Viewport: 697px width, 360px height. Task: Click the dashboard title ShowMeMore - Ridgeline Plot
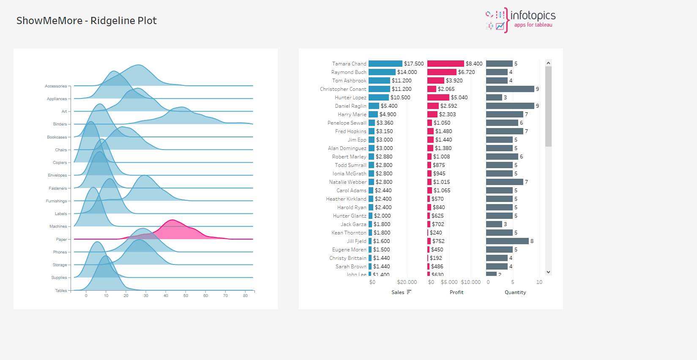point(86,21)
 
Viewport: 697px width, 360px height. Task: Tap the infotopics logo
point(521,20)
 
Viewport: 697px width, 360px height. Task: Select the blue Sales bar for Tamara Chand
point(385,64)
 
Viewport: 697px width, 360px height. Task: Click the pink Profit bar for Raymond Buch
point(442,72)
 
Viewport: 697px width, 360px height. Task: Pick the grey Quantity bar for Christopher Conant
point(510,89)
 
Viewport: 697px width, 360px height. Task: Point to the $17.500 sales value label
point(413,64)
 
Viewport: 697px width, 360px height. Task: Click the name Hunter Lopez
point(350,98)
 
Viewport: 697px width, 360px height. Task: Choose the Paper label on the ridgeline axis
point(61,240)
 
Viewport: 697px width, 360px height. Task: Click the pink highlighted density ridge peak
point(172,221)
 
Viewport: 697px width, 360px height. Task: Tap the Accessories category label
point(56,86)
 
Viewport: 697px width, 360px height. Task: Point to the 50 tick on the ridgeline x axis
point(186,296)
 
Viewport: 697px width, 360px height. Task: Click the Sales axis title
point(397,292)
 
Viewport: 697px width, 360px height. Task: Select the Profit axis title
point(456,292)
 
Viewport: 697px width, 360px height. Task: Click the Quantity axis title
point(515,292)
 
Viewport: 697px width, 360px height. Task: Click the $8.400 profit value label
point(474,64)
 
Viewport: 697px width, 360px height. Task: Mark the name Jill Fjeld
point(356,241)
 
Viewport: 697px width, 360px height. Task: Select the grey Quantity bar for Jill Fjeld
point(507,241)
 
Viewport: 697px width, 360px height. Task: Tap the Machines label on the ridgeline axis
point(58,226)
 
